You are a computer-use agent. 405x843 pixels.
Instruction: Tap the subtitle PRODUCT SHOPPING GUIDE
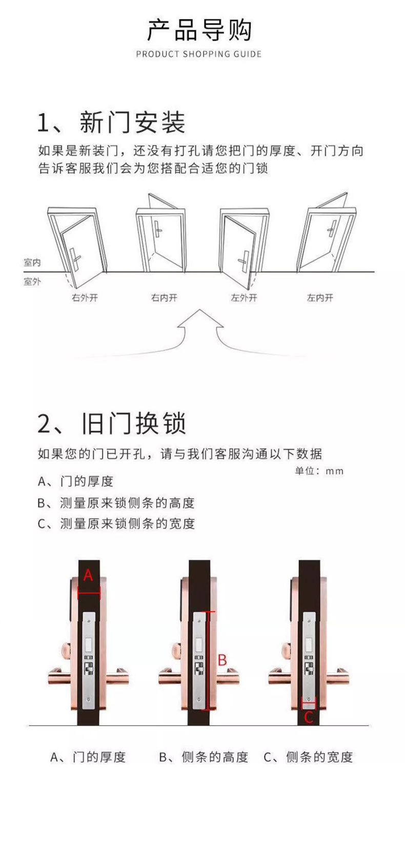click(x=199, y=54)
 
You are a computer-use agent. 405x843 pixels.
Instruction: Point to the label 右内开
click(x=164, y=298)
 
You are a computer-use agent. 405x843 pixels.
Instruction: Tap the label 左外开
click(x=244, y=298)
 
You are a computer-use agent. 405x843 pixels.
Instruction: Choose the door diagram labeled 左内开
click(x=326, y=236)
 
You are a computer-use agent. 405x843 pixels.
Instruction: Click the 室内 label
click(x=32, y=263)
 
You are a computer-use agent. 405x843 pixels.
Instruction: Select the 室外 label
click(x=32, y=281)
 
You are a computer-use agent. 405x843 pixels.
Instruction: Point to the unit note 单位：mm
click(x=319, y=470)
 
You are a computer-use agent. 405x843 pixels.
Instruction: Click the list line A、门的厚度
click(x=75, y=481)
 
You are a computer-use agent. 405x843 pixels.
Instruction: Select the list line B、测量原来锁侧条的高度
click(x=116, y=503)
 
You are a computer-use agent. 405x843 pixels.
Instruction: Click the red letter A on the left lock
click(x=88, y=575)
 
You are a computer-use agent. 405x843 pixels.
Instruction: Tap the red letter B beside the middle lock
click(x=222, y=660)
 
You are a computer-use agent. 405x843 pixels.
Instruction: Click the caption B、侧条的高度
click(x=204, y=757)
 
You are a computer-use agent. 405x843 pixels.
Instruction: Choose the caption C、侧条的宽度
click(x=308, y=757)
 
